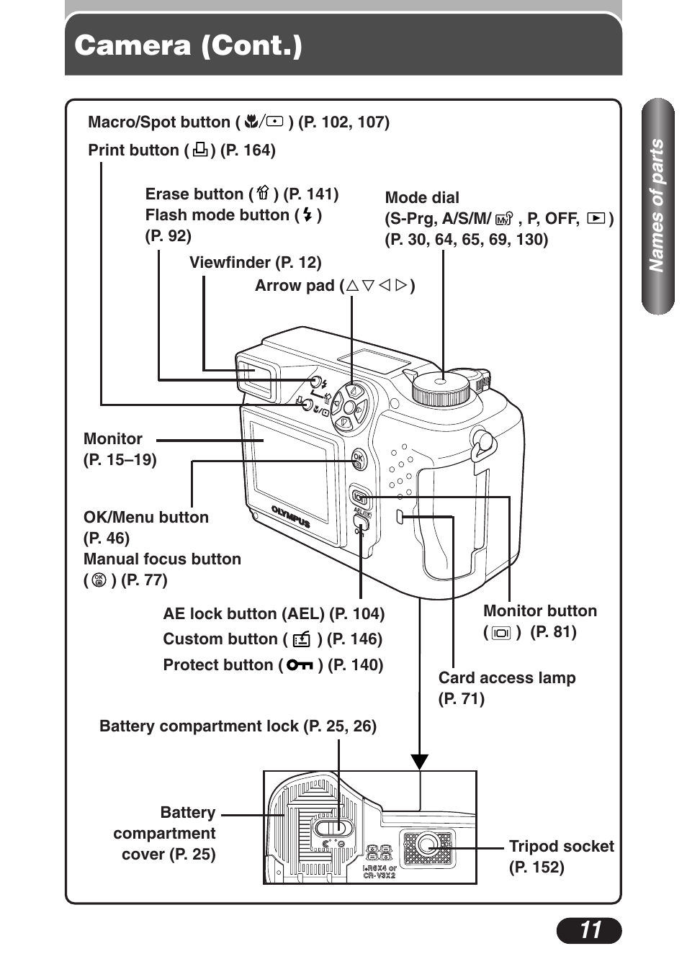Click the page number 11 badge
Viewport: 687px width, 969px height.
(588, 930)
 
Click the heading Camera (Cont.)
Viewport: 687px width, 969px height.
(189, 46)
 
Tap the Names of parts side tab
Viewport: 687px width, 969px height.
(657, 206)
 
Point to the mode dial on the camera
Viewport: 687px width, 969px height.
(441, 387)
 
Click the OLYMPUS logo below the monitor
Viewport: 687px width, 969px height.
(290, 517)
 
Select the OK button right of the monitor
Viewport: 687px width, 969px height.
(359, 459)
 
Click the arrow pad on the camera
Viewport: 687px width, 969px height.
(351, 407)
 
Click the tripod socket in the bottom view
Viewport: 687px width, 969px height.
(428, 846)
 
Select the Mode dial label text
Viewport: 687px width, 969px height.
(422, 198)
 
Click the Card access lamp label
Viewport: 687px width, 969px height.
(506, 678)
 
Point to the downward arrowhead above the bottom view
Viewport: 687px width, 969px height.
(420, 762)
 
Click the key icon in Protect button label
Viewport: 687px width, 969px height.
(300, 665)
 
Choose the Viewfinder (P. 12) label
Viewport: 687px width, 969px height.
(255, 263)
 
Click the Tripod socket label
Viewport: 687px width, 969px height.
(561, 847)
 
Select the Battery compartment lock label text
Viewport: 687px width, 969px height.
(238, 726)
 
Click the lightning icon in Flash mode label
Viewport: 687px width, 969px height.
(307, 215)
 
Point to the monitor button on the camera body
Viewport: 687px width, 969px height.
(360, 497)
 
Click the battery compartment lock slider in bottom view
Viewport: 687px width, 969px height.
(331, 826)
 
